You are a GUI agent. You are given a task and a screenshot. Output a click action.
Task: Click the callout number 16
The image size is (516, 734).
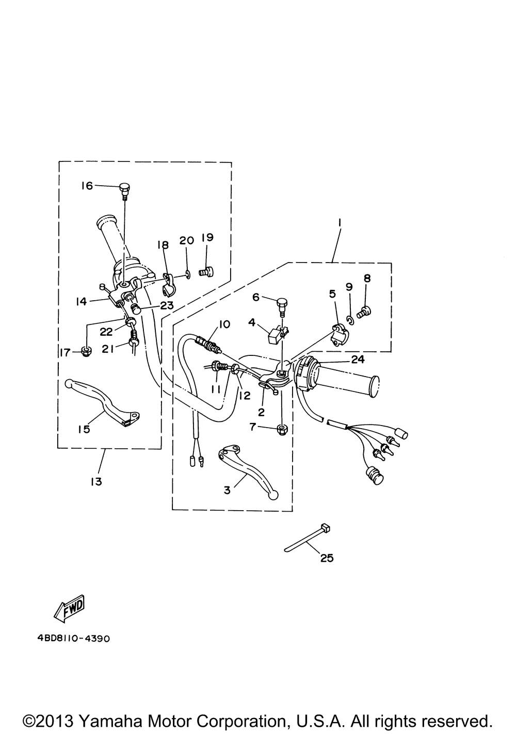tap(87, 185)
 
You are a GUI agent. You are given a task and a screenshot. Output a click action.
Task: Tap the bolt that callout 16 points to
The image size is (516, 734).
tap(124, 189)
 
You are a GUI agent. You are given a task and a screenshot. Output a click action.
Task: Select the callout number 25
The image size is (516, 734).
tap(327, 558)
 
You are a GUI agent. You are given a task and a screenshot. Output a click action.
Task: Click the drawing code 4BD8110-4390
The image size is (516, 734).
tap(74, 638)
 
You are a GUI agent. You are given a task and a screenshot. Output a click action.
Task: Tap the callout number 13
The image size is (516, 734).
tap(95, 481)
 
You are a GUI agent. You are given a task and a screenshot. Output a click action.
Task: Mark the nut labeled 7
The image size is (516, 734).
tap(282, 429)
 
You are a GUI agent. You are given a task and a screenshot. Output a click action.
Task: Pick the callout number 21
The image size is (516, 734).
tap(107, 349)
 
